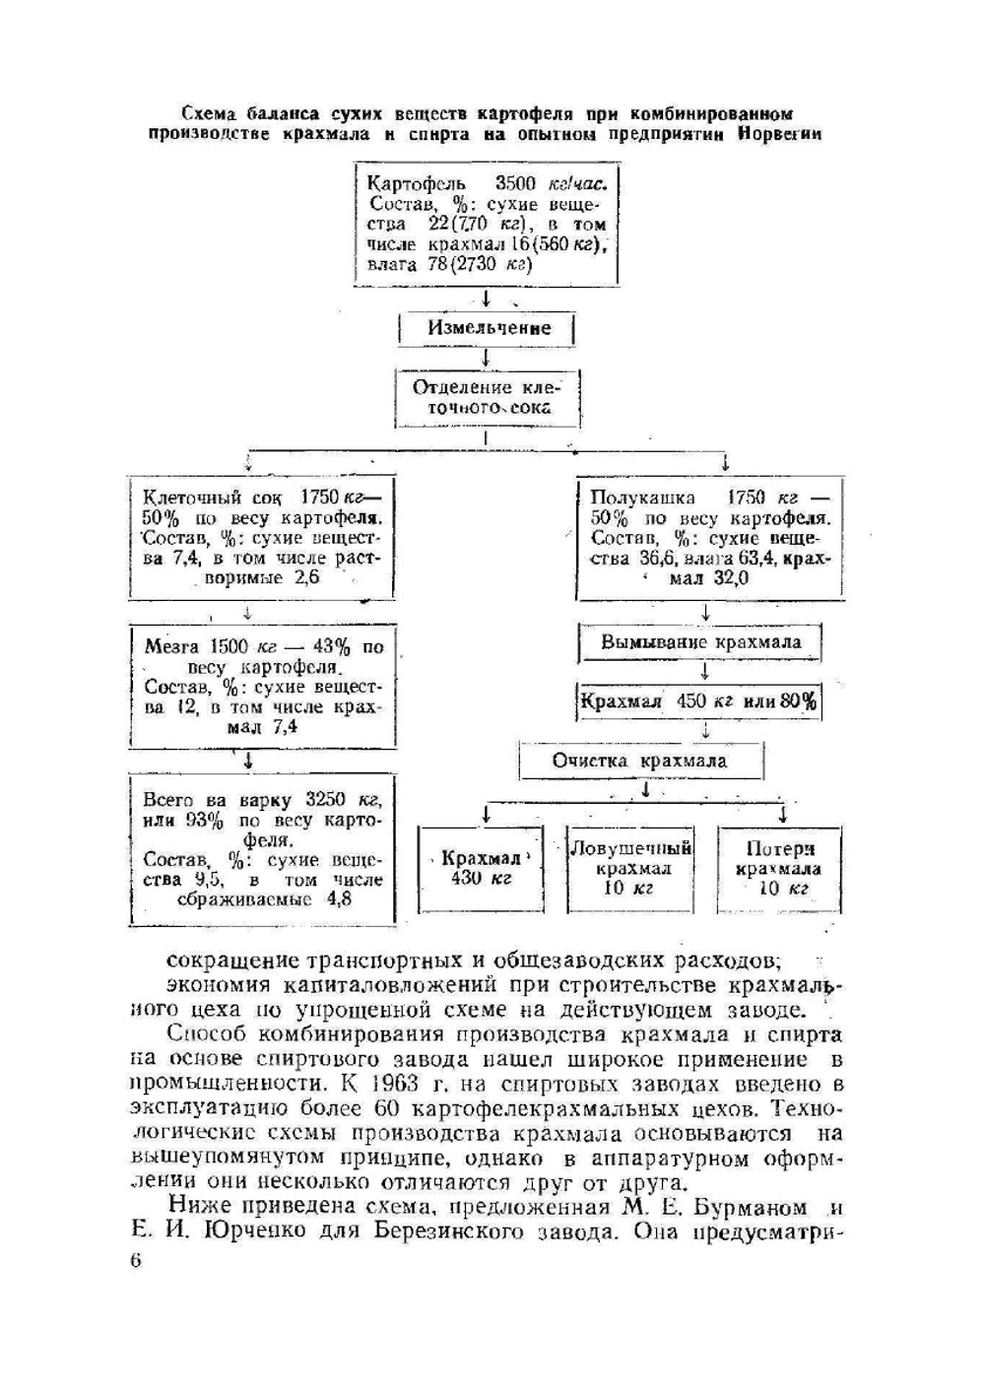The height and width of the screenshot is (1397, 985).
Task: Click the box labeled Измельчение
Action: coord(488,328)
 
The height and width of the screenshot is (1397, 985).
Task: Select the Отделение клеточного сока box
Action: coord(487,398)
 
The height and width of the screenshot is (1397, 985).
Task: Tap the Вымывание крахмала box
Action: coord(700,642)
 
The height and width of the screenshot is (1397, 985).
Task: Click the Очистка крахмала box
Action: coord(639,761)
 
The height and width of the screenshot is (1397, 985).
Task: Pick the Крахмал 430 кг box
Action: coord(481,868)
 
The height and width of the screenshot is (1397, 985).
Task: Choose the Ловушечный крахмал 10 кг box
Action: coord(630,868)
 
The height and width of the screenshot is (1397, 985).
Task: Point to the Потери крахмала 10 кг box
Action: coord(779,868)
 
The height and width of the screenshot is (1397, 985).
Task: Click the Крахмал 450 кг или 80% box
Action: coord(698,701)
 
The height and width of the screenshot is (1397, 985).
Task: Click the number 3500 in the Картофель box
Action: coord(515,183)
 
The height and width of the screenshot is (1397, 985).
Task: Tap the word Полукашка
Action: coord(642,498)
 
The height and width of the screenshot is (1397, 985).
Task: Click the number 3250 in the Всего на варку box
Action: coord(325,800)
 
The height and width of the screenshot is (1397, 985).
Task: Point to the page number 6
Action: coord(136,1260)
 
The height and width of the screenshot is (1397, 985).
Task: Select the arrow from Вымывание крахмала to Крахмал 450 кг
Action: coord(704,672)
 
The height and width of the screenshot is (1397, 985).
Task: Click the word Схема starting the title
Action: coord(210,113)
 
